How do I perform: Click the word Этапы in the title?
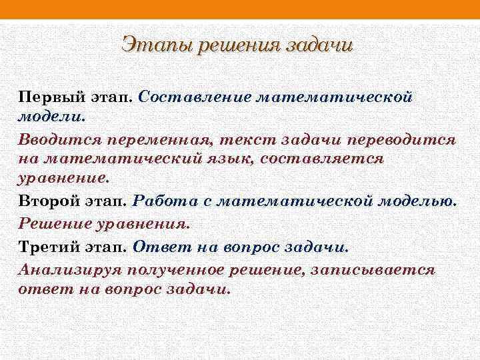coord(150,46)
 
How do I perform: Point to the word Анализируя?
coord(65,270)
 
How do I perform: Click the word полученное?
coord(180,270)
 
